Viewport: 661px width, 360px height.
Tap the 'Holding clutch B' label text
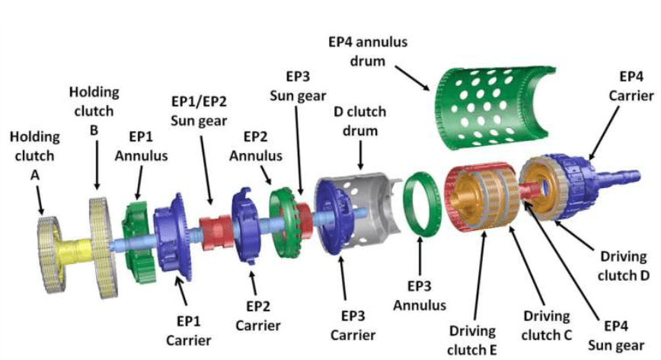tap(94, 110)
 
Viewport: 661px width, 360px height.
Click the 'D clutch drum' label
tap(360, 121)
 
